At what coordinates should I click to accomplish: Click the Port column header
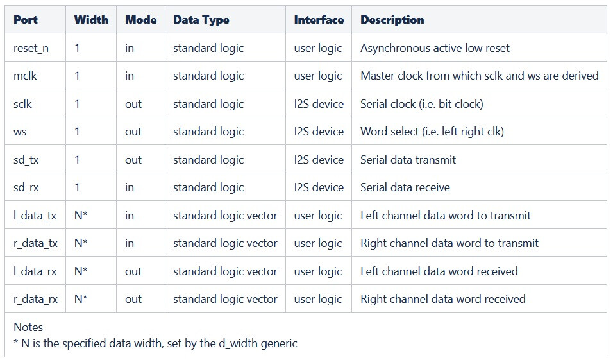pyautogui.click(x=26, y=19)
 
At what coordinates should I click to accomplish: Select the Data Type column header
pyautogui.click(x=201, y=20)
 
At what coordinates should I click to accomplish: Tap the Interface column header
pyautogui.click(x=319, y=19)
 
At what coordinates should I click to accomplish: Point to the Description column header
pyautogui.click(x=392, y=20)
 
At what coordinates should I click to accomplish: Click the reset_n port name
pyautogui.click(x=31, y=48)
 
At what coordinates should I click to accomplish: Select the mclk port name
pyautogui.click(x=25, y=76)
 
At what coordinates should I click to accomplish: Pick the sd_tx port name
pyautogui.click(x=26, y=160)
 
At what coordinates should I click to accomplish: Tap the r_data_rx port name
pyautogui.click(x=35, y=299)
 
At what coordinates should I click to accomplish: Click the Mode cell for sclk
pyautogui.click(x=133, y=104)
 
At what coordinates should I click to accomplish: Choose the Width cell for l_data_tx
pyautogui.click(x=81, y=215)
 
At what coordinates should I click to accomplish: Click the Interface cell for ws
pyautogui.click(x=319, y=132)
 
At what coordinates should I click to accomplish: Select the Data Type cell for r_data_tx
pyautogui.click(x=225, y=243)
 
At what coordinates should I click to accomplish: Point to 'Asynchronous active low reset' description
pyautogui.click(x=435, y=48)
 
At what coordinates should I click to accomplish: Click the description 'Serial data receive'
pyautogui.click(x=405, y=187)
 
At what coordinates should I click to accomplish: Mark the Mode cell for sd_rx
pyautogui.click(x=130, y=187)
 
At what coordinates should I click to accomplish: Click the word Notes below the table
pyautogui.click(x=28, y=327)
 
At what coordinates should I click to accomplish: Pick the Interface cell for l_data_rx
pyautogui.click(x=318, y=271)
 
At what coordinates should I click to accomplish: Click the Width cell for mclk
pyautogui.click(x=77, y=76)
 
